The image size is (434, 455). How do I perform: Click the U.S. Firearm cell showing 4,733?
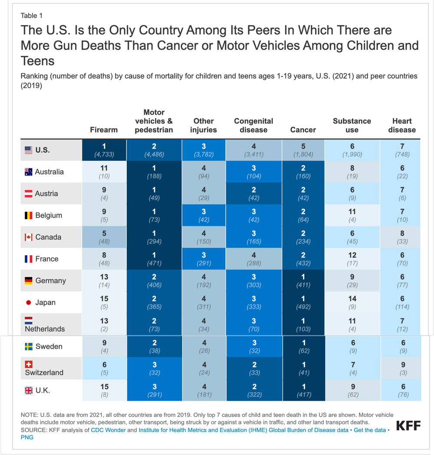104,150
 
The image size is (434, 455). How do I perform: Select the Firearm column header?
104,129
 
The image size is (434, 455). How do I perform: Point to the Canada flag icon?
29,237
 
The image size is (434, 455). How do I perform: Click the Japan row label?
45,302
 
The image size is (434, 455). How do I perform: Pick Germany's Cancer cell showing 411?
303,280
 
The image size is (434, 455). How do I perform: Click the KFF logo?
408,425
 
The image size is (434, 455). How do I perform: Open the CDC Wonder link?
108,430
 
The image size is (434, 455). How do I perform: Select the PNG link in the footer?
27,437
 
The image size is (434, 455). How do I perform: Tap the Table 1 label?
32,16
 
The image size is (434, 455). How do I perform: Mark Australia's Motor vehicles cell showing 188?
154,172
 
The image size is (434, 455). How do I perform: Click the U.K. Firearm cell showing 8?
104,390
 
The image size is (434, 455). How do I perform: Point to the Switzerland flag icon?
29,364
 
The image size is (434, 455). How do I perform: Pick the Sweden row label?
49,346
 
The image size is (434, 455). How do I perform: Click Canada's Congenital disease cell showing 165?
253,237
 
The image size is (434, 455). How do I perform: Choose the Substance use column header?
352,125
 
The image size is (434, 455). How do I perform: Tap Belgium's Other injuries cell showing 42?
204,215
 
